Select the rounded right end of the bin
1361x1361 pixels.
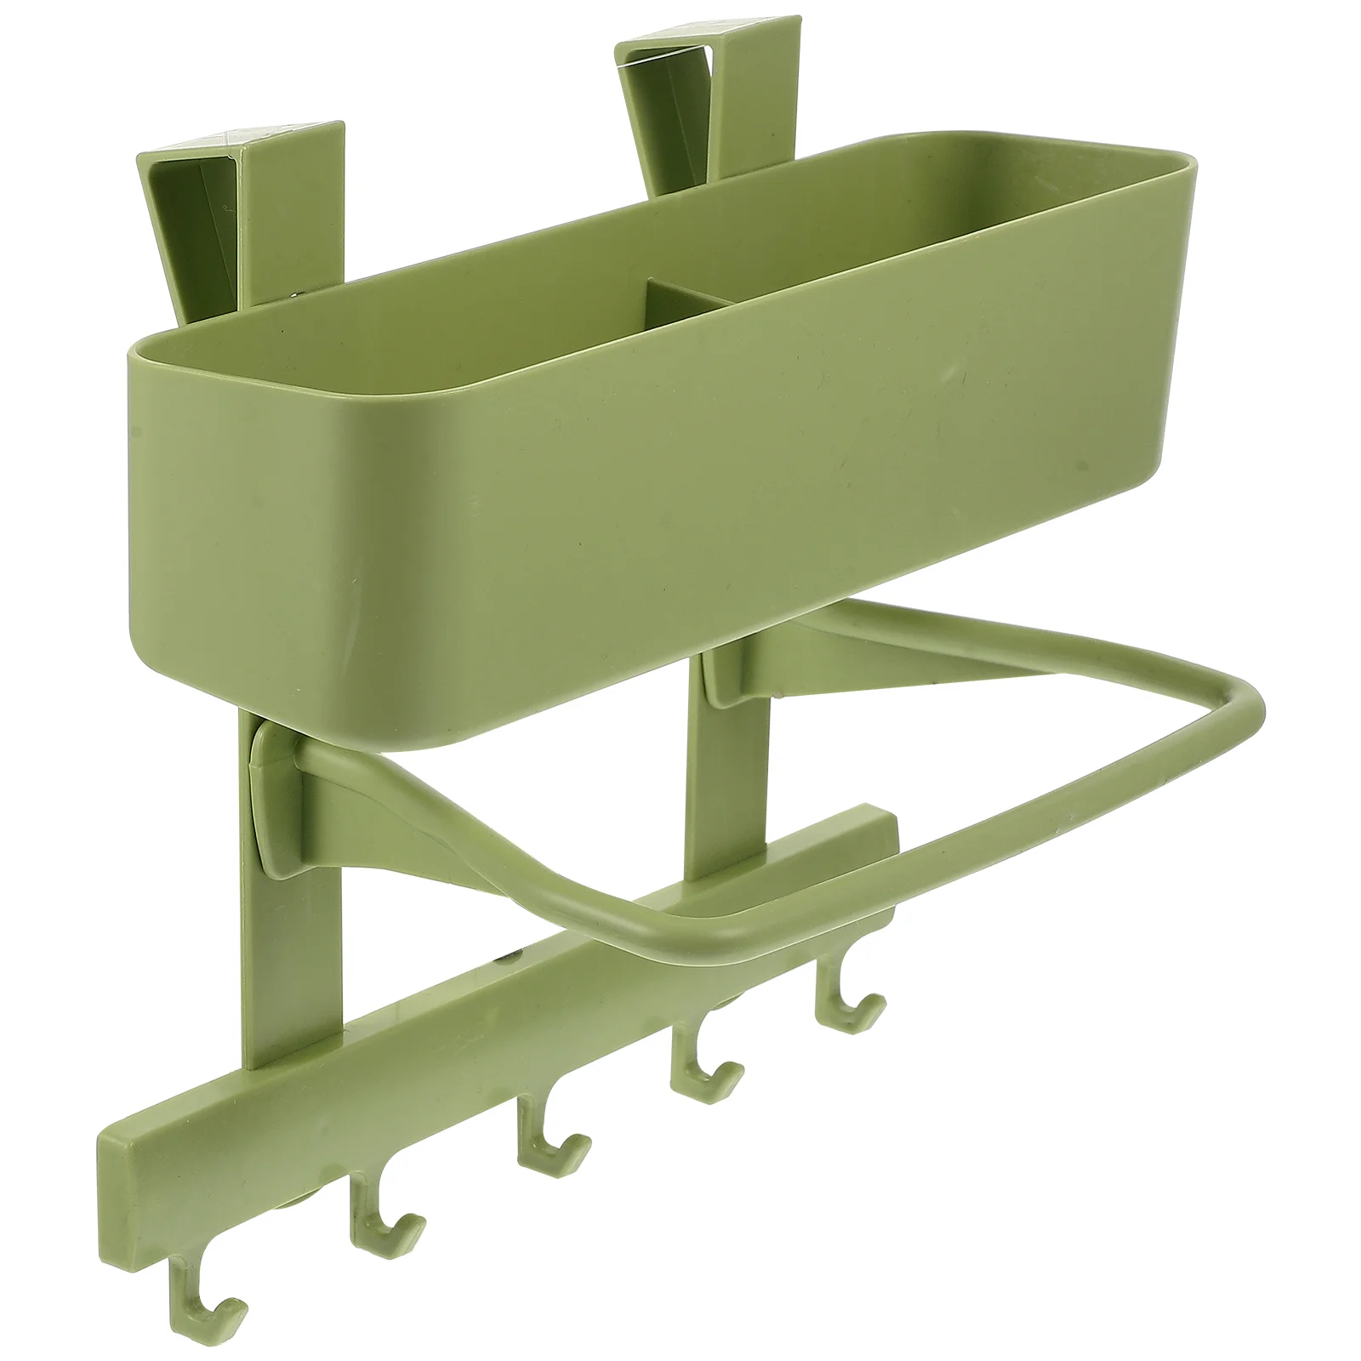1170,281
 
